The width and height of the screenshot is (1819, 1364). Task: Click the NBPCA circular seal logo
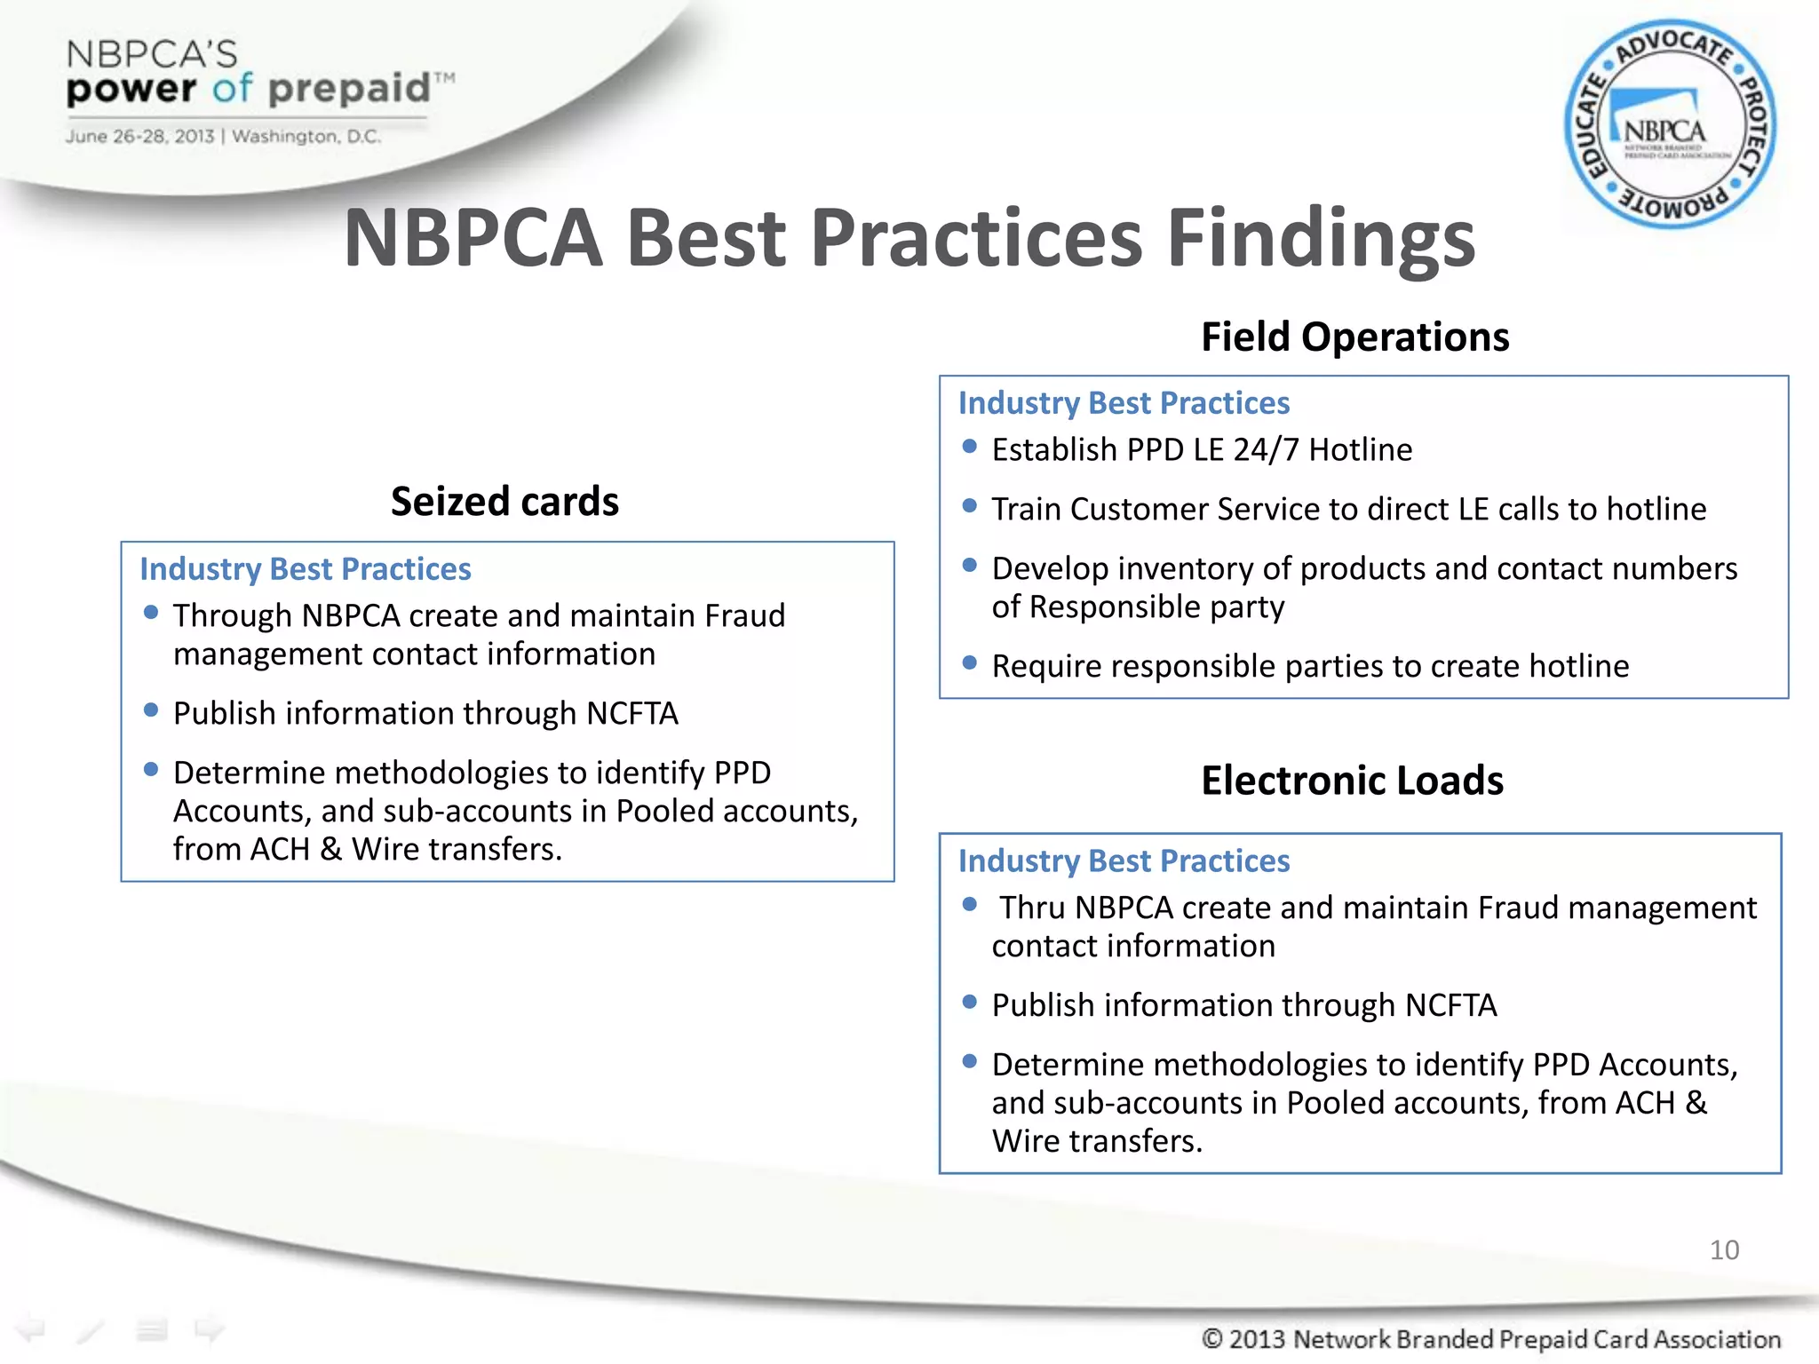(x=1670, y=124)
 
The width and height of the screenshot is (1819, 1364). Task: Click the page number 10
(x=1724, y=1250)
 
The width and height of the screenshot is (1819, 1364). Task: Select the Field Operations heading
(x=1354, y=337)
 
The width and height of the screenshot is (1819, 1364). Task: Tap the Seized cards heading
(x=504, y=502)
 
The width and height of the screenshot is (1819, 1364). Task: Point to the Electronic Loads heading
(x=1352, y=781)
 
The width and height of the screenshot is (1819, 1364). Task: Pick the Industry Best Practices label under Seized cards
(x=306, y=569)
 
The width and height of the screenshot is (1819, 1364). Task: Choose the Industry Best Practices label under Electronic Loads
(x=1124, y=861)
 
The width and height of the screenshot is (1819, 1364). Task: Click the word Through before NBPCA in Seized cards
(x=233, y=616)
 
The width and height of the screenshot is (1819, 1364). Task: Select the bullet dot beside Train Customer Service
(x=970, y=506)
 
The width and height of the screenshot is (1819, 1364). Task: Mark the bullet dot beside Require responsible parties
(x=970, y=662)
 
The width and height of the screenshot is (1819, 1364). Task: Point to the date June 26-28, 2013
(x=139, y=137)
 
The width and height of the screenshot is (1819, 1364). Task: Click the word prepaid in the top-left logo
(x=349, y=89)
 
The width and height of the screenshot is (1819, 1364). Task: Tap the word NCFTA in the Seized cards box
(x=632, y=714)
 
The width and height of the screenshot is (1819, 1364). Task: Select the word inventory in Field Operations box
(x=1182, y=569)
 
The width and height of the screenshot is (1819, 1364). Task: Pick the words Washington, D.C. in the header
(x=306, y=137)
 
